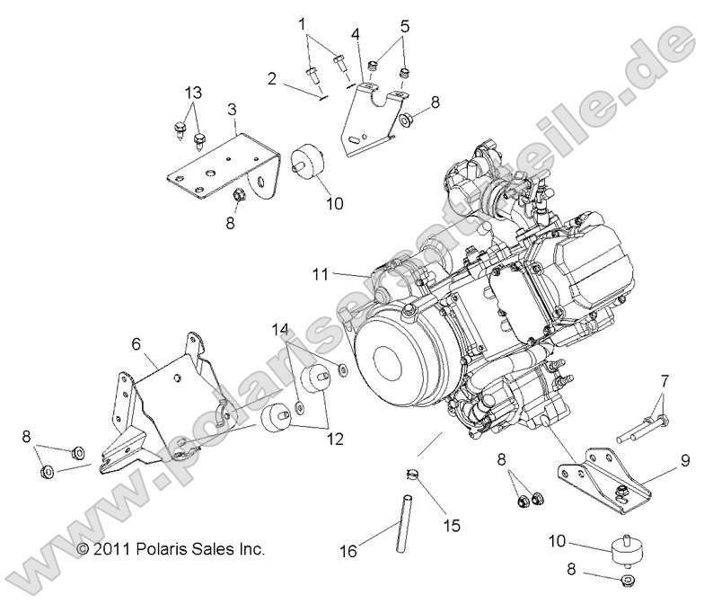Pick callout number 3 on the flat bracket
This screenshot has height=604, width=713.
tap(233, 109)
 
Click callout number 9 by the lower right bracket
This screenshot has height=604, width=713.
tap(684, 461)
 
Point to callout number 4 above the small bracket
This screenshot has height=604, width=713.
tap(356, 34)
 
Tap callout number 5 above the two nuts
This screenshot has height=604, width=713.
tap(406, 26)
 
